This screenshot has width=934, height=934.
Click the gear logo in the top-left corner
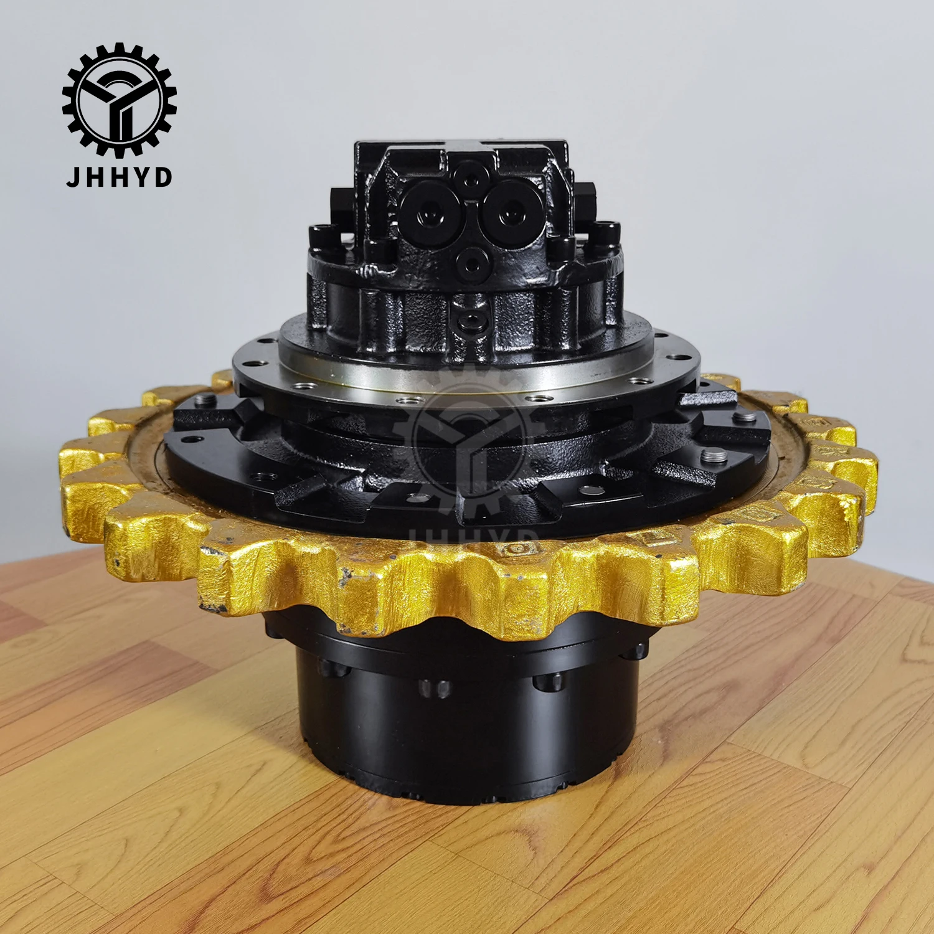[x=119, y=100]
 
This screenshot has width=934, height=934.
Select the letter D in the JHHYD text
[x=163, y=177]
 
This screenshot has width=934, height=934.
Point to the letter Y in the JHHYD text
[x=141, y=177]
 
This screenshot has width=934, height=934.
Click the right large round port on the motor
[x=512, y=210]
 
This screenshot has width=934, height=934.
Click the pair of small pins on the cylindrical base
[x=434, y=688]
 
